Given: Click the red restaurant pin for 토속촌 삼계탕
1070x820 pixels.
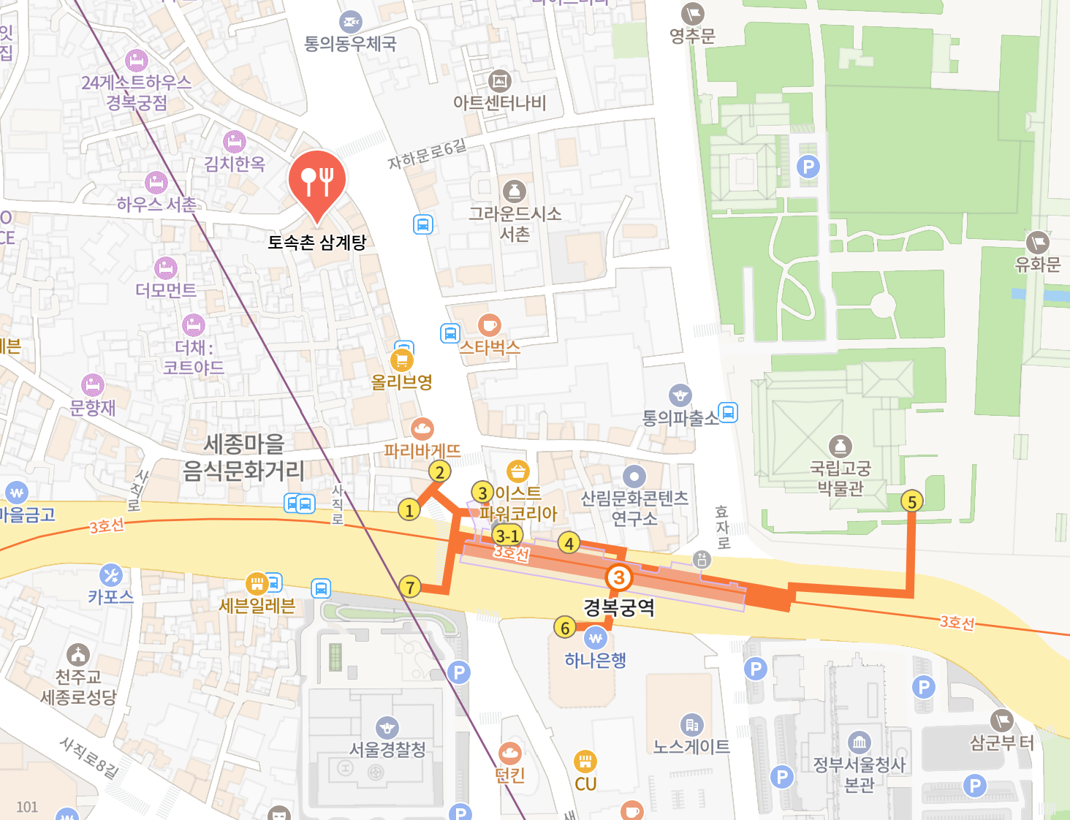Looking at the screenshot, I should click(316, 180).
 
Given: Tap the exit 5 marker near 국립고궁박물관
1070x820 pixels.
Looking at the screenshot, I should click(911, 501).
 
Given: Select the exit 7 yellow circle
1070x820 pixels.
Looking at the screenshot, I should click(410, 586).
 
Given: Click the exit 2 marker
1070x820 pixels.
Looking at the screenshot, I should click(439, 471).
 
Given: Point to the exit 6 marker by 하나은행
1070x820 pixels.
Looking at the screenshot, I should click(565, 628).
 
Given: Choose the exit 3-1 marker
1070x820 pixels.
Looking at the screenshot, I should click(507, 535).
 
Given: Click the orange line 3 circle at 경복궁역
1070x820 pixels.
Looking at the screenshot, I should click(618, 577).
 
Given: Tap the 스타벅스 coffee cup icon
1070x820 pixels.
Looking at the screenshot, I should click(489, 324).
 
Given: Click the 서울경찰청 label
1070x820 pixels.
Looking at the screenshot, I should click(387, 750).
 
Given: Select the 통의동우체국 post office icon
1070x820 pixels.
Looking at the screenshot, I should click(351, 22).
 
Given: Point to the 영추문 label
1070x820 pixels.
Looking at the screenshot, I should click(692, 36).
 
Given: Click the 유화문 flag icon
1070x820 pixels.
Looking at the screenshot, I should click(1037, 242).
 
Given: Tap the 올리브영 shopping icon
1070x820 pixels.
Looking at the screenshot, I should click(401, 360).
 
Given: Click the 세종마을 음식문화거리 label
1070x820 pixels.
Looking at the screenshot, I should click(243, 457).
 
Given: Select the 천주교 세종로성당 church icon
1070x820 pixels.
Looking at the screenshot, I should click(78, 654).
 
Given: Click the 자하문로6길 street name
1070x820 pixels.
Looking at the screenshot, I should click(427, 154).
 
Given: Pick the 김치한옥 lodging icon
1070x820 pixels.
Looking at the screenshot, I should click(235, 141).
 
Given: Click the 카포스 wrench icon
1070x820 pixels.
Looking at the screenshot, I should click(111, 574).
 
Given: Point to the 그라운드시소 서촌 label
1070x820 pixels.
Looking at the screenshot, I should click(515, 224).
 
